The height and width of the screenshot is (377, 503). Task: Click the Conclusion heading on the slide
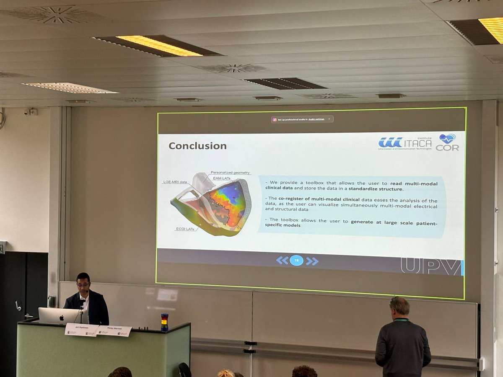click(x=197, y=146)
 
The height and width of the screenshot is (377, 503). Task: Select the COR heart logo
click(x=447, y=142)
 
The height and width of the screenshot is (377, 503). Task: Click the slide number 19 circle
click(x=296, y=261)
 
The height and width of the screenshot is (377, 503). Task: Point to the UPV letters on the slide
click(x=430, y=266)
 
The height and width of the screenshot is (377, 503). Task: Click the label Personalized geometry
click(x=230, y=173)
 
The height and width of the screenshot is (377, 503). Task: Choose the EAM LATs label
click(x=222, y=178)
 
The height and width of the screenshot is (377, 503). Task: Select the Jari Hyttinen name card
click(x=81, y=329)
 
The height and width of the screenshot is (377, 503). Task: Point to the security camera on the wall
click(x=30, y=112)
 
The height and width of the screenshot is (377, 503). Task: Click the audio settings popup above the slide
click(x=302, y=119)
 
